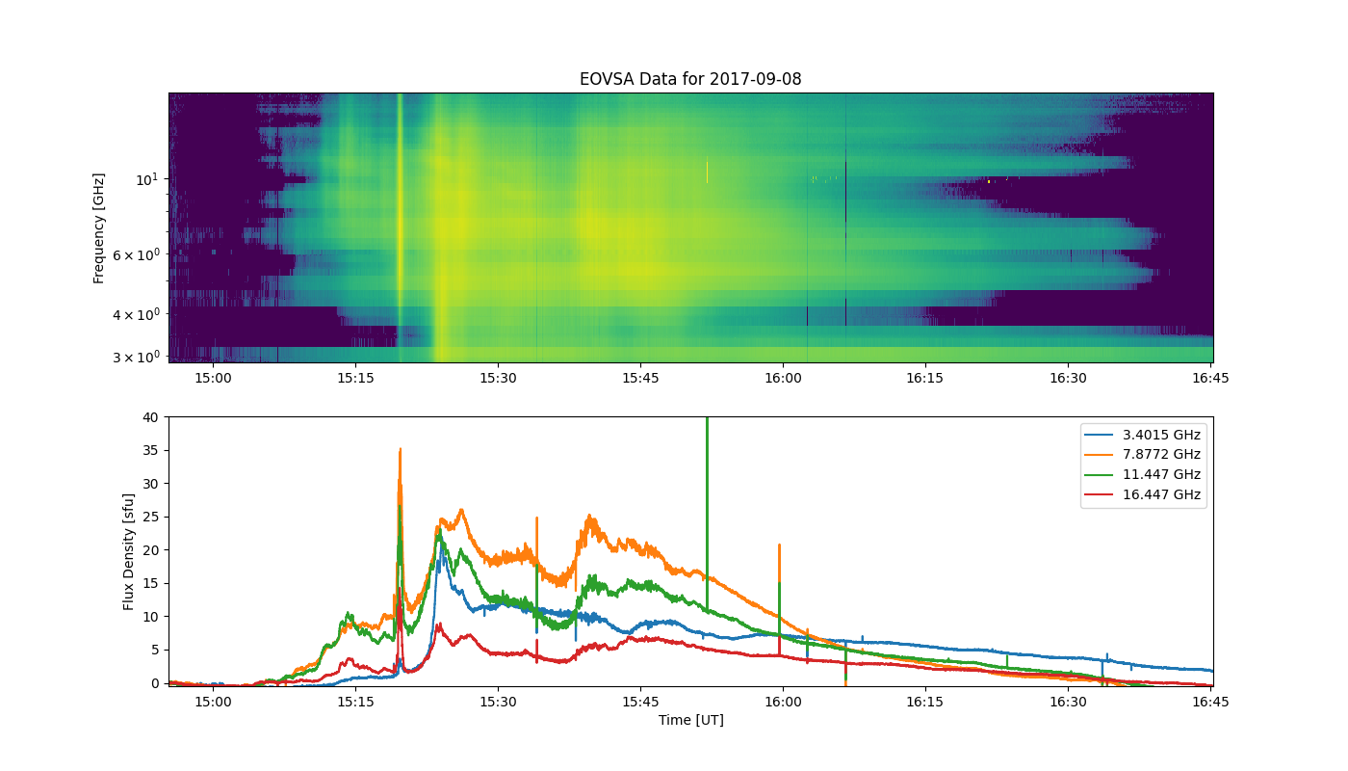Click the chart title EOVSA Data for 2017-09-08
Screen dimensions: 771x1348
(689, 79)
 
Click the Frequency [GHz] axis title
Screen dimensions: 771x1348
(98, 228)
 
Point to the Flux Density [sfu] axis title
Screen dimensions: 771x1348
(129, 550)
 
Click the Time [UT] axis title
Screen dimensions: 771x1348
(690, 720)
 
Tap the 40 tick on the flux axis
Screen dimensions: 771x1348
(150, 417)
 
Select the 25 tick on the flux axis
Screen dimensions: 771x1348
(150, 517)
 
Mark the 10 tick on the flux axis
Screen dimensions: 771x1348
(150, 617)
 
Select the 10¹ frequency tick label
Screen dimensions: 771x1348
(146, 178)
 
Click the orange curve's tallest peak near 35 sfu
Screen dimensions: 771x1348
(400, 449)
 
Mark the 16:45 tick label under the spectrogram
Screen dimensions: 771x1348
(1209, 378)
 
